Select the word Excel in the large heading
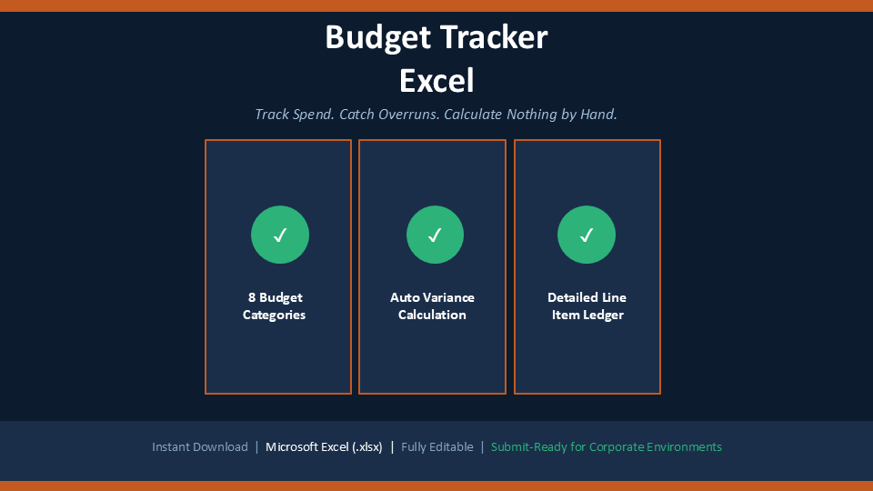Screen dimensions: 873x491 click(436, 81)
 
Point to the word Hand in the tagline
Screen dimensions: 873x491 click(598, 115)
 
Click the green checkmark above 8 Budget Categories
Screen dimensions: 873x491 click(280, 235)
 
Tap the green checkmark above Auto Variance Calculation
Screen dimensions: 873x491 click(435, 235)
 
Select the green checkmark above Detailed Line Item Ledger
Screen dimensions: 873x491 click(587, 235)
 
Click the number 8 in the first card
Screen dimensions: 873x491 click(252, 297)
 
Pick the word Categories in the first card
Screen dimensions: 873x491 click(274, 316)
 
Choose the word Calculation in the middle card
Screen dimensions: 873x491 click(432, 315)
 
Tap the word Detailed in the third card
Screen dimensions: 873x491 click(571, 297)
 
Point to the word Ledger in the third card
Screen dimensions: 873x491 click(603, 316)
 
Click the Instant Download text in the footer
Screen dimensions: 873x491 click(200, 447)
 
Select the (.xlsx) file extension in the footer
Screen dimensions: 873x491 click(366, 447)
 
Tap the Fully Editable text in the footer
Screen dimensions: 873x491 click(437, 447)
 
